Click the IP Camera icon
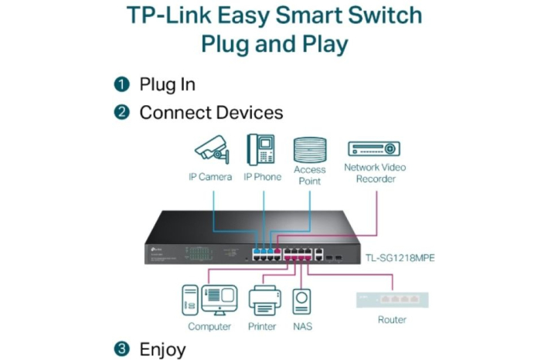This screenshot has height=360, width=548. coord(210,149)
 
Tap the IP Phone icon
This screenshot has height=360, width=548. coord(262,150)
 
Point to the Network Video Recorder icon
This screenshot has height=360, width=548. coord(375,149)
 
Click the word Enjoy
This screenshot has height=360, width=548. coord(162,349)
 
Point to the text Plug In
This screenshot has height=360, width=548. coord(167,84)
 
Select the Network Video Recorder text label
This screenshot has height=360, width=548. coord(375,173)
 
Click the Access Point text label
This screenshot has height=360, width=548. coord(309,175)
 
